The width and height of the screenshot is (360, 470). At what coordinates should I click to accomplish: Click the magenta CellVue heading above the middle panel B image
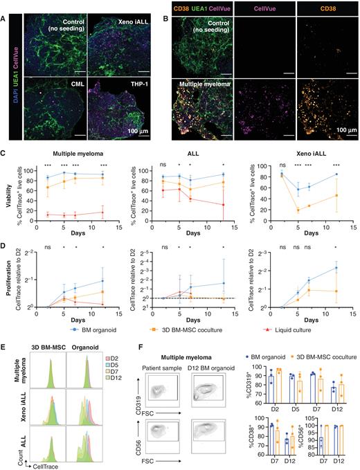267,8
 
